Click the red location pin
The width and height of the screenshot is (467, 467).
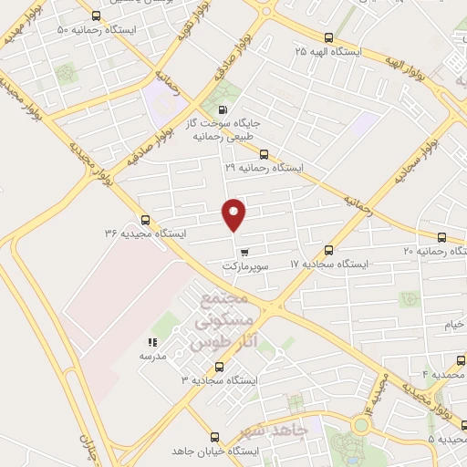pos(234,213)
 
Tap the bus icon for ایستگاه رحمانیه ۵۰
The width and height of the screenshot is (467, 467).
pos(98,16)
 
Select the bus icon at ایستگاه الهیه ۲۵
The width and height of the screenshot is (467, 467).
pos(328,37)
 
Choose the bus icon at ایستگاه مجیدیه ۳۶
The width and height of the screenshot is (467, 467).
pos(145,220)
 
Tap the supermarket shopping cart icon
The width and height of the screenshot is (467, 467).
pos(244,252)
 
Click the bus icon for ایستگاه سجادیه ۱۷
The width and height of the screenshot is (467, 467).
pos(328,249)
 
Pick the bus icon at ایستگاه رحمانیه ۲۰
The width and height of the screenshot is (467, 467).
pos(442,236)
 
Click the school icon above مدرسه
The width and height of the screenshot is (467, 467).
pos(152,343)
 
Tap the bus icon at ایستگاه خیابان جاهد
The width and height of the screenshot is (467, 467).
pos(215,437)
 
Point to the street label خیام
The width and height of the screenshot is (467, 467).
pos(454,325)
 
